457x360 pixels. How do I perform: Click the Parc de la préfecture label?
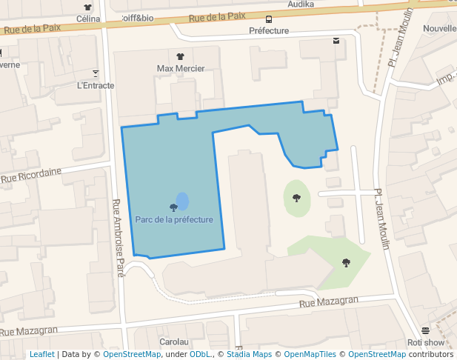click(174, 219)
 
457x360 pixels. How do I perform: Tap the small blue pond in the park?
click(182, 201)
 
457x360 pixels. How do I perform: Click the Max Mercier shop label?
click(181, 68)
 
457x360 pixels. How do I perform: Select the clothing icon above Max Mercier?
click(181, 56)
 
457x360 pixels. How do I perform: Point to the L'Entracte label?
click(96, 85)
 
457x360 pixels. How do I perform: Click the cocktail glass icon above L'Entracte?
click(96, 73)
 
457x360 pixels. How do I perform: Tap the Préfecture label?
click(269, 31)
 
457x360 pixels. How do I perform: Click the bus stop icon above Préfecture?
click(268, 19)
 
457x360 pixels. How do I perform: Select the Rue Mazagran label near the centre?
click(329, 301)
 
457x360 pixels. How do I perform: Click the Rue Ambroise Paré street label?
click(118, 238)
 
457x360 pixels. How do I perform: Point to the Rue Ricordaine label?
click(31, 175)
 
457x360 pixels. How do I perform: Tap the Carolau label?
click(175, 342)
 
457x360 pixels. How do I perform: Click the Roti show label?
click(426, 342)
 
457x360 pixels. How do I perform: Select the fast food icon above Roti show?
click(425, 330)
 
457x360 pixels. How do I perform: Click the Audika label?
click(301, 4)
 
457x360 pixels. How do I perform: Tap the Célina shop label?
click(88, 18)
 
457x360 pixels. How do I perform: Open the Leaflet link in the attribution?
click(41, 354)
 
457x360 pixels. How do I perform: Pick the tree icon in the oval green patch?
click(297, 197)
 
